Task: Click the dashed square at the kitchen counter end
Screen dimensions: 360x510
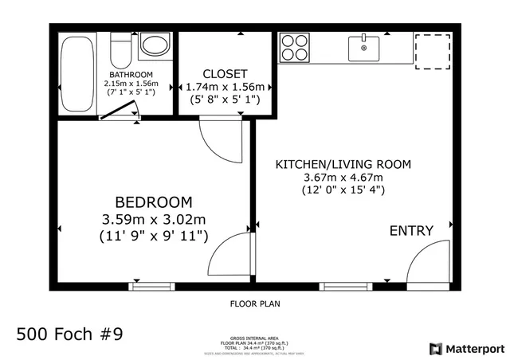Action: click(432, 51)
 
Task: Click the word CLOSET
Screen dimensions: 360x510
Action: click(225, 73)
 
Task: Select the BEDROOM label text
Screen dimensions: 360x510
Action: click(153, 202)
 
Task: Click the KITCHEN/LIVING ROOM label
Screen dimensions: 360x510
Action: click(343, 164)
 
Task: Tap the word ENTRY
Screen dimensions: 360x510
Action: click(411, 231)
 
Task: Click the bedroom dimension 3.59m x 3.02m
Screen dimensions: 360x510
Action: click(153, 219)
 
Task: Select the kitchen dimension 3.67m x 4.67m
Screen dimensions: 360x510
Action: click(343, 177)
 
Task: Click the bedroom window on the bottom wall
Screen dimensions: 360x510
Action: click(152, 285)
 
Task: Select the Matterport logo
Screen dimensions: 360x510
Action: click(467, 349)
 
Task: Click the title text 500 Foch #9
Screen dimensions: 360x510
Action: click(69, 333)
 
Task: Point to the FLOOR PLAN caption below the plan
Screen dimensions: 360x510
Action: click(255, 303)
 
